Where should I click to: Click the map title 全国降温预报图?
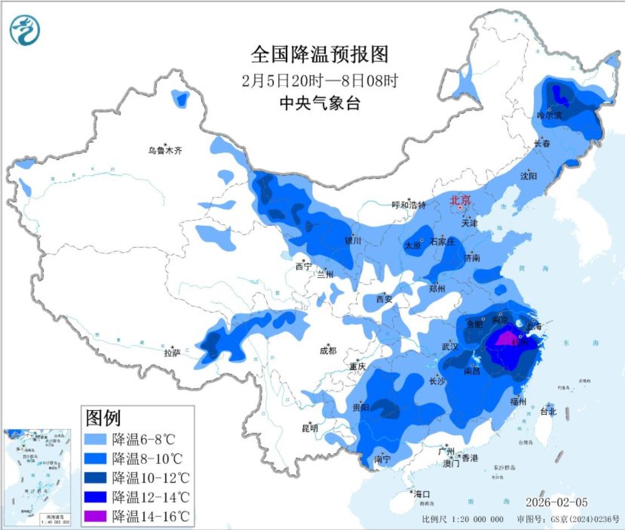(x=319, y=55)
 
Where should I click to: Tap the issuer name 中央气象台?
(x=319, y=103)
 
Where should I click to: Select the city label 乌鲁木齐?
(x=165, y=150)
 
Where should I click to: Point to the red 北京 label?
(x=461, y=200)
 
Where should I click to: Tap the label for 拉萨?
(x=171, y=353)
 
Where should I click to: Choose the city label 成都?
(x=328, y=351)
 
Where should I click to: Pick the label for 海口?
(x=422, y=494)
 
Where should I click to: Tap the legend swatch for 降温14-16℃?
(x=96, y=515)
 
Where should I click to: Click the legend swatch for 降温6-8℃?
(x=96, y=439)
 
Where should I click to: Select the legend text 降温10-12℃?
(x=151, y=477)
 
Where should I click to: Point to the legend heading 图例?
(x=103, y=417)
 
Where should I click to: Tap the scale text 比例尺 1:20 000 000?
(x=462, y=519)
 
